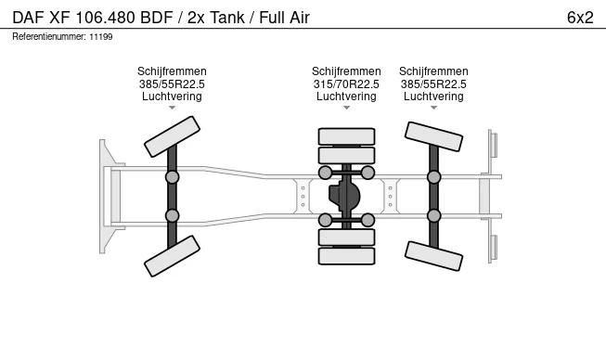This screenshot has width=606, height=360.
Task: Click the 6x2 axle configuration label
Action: tap(580, 18)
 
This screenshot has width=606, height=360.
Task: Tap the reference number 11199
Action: tap(101, 37)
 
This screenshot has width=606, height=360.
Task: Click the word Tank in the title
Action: tap(227, 18)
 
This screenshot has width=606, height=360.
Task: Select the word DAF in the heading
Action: tap(28, 18)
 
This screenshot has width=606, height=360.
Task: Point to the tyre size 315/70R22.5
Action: tap(346, 84)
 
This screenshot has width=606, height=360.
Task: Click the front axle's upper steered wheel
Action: tap(172, 136)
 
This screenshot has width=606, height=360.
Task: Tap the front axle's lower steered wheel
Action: tap(172, 256)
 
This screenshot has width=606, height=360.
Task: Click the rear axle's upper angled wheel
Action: tap(433, 136)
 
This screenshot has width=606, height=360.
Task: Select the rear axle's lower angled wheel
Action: tap(433, 256)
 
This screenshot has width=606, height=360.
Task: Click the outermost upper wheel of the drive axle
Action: tap(346, 136)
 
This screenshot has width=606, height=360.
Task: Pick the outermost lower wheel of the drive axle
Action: tap(346, 256)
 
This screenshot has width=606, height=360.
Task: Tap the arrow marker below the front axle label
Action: tap(172, 108)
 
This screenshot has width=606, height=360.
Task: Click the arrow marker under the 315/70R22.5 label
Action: tap(346, 108)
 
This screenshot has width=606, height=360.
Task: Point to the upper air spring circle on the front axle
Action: tap(172, 177)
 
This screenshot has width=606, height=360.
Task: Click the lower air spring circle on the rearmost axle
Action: tap(433, 215)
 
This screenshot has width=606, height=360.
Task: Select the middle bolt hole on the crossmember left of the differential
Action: tap(303, 196)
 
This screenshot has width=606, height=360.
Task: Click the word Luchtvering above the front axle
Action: tap(172, 96)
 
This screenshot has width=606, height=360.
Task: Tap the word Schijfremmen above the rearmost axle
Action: tap(433, 71)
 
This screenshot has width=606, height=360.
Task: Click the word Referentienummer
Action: tap(48, 37)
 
